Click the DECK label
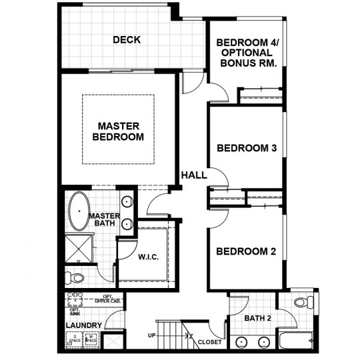[x=126, y=40]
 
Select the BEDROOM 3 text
[x=246, y=148]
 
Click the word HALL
[x=194, y=175]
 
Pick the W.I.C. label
[x=148, y=257]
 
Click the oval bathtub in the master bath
[x=79, y=211]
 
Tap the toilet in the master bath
[x=75, y=277]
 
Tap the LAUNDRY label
[x=83, y=325]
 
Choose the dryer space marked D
[x=75, y=339]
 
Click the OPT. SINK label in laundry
[x=74, y=311]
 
